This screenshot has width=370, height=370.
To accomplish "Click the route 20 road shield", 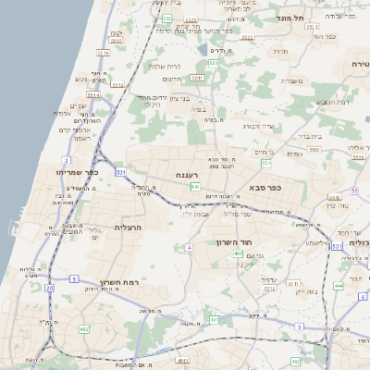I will point(49,289).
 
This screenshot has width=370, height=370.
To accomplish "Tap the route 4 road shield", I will point(189,248).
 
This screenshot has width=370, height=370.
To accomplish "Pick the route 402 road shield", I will point(239,253).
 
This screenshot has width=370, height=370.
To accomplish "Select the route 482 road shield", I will point(84,328).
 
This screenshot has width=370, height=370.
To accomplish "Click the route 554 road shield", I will point(265,163).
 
